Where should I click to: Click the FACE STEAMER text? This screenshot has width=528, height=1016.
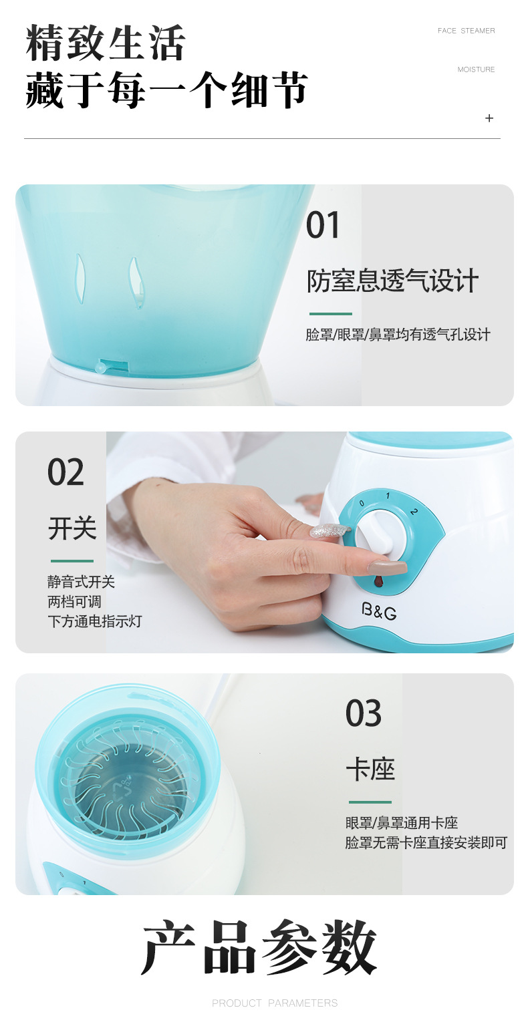coord(467,31)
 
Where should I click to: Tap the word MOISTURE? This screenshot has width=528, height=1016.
coord(476,69)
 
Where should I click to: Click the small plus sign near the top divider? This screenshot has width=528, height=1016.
coord(489,118)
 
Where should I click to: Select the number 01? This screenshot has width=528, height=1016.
coord(323,225)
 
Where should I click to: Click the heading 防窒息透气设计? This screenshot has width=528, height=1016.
coord(393,281)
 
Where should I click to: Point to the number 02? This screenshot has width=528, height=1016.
coord(65,472)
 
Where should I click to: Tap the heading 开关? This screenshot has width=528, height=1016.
coord(72,528)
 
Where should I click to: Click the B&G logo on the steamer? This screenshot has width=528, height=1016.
coord(379,611)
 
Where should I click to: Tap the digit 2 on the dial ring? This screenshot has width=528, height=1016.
coord(414,512)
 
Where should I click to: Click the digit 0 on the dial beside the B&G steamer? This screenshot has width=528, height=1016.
coord(362,503)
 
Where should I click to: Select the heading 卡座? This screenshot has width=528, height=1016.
coord(370,770)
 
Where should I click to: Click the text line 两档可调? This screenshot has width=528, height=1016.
coord(74,602)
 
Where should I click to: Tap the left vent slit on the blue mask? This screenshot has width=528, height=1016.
coord(80,278)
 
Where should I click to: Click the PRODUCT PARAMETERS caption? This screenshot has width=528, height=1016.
coord(275,1003)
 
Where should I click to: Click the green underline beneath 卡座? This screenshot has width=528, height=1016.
coord(370,802)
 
